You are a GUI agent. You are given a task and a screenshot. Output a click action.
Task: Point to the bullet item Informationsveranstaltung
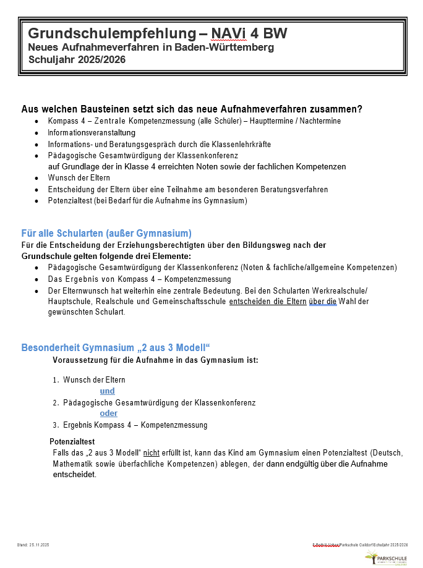coord(92,132)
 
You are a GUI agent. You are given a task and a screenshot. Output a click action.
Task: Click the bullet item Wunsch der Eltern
coord(79,177)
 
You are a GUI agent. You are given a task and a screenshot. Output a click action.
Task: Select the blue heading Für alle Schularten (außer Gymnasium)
coord(106,233)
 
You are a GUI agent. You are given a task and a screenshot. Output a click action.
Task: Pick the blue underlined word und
coord(107,391)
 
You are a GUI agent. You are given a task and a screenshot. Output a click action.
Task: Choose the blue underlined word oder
coord(108,413)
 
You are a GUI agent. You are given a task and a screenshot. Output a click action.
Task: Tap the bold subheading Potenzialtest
coord(72,441)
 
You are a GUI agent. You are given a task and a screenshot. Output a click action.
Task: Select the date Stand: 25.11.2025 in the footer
coord(33,545)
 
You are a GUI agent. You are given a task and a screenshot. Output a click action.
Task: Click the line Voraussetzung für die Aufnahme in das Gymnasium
coord(155,360)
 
